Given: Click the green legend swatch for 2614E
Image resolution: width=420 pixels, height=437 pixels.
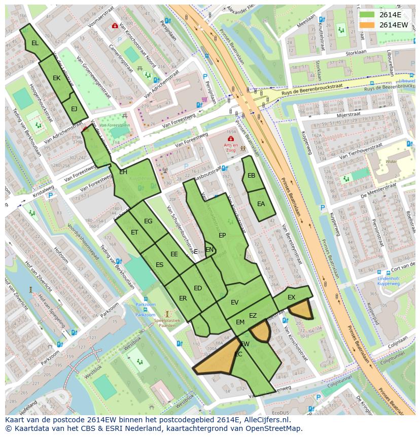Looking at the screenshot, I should click(x=367, y=15).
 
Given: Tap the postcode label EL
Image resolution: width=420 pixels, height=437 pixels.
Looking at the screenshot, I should click(x=34, y=43).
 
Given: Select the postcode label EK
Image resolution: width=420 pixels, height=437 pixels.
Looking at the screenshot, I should click(x=56, y=78).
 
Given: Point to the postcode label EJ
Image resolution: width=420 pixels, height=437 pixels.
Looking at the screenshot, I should click(x=74, y=109).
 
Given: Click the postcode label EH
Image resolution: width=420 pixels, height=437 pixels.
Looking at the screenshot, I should click(x=123, y=172).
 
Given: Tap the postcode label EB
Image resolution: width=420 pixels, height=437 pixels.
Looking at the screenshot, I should click(x=251, y=176).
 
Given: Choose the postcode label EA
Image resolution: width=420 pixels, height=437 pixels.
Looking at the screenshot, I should click(x=261, y=204).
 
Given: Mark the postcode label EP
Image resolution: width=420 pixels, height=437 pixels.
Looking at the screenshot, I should click(x=222, y=235).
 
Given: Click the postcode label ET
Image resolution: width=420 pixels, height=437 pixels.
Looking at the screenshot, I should click(x=134, y=232).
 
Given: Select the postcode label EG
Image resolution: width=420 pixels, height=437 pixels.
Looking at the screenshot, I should click(x=148, y=221).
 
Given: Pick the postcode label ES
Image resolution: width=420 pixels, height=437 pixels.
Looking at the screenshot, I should click(x=159, y=265).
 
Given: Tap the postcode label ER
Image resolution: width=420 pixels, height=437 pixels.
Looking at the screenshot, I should click(x=183, y=298).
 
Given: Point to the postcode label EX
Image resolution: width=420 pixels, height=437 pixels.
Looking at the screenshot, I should click(x=291, y=297).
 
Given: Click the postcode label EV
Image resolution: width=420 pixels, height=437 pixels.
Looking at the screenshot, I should click(x=234, y=302).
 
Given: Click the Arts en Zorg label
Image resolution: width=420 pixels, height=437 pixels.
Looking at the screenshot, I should click(x=231, y=147).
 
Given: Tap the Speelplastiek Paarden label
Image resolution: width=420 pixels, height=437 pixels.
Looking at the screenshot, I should click(x=167, y=323).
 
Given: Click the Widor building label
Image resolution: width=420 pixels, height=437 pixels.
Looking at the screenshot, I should click(x=391, y=161).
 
